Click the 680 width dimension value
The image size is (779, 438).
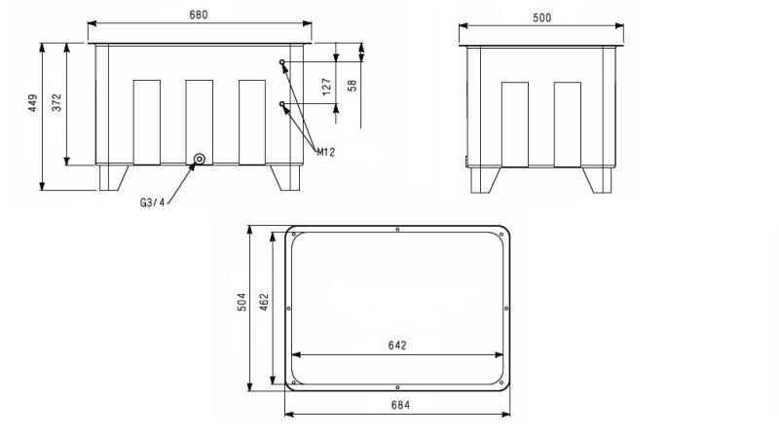click(199, 15)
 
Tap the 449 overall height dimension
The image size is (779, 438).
click(32, 104)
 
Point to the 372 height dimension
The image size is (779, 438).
click(56, 103)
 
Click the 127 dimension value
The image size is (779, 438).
click(327, 88)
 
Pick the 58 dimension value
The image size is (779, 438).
click(352, 85)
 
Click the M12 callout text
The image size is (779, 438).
click(325, 151)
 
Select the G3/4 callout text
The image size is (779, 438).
click(155, 202)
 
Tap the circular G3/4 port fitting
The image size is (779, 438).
click(200, 160)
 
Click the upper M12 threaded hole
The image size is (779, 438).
click(283, 62)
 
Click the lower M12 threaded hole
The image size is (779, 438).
click(283, 104)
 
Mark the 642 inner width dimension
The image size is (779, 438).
click(396, 345)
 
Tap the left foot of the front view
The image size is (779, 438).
click(113, 177)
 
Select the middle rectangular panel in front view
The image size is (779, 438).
click(199, 121)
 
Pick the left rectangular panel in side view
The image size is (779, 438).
click(514, 124)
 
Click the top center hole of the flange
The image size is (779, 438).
click(397, 230)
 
